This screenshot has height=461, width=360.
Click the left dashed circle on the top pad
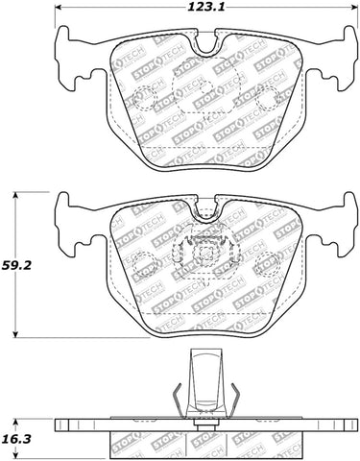click(x=143, y=98)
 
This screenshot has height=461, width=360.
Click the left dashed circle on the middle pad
click(x=142, y=261)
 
